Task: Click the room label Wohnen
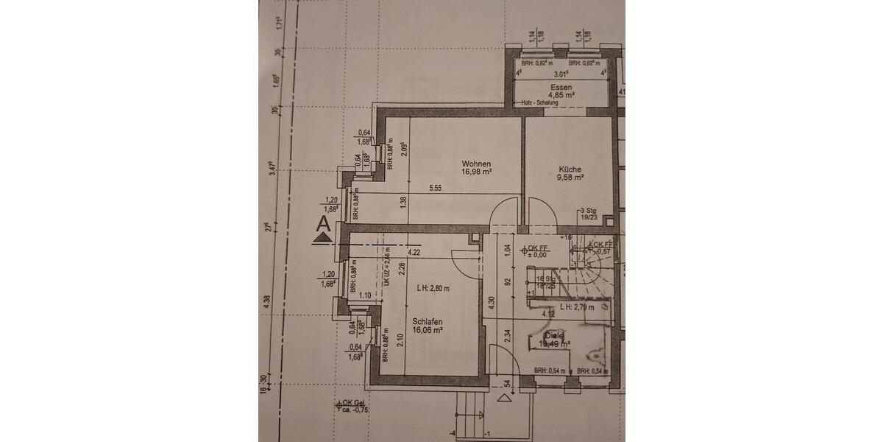(x=475, y=164)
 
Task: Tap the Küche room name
(x=570, y=169)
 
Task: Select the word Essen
(x=561, y=87)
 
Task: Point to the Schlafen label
(x=428, y=322)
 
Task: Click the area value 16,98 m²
(x=476, y=172)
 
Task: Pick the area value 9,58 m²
(x=570, y=178)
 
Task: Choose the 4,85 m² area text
(x=561, y=95)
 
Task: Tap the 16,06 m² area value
(x=428, y=331)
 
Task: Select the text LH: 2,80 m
(x=433, y=288)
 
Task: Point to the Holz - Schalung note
(x=539, y=103)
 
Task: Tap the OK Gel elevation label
(x=351, y=403)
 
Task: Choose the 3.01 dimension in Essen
(x=561, y=74)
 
